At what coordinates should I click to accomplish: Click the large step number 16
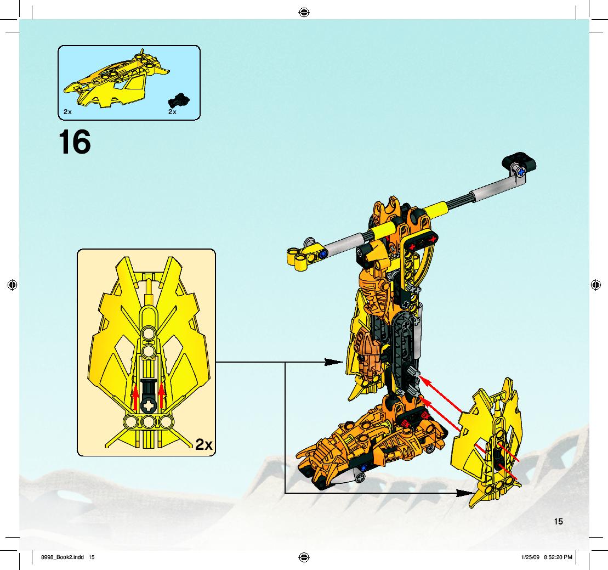[75, 142]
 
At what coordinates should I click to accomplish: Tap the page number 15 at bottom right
[558, 522]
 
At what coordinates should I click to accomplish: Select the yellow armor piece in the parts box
[116, 79]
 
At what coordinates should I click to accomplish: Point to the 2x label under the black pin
[173, 112]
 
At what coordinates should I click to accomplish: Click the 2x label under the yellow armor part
[67, 112]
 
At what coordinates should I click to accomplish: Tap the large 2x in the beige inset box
[204, 444]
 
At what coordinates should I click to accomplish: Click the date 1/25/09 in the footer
[531, 557]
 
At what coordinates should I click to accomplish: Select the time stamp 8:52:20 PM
[558, 557]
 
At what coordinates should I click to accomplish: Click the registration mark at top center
[304, 13]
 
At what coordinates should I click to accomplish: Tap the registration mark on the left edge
[13, 285]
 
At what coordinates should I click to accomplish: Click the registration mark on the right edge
[595, 285]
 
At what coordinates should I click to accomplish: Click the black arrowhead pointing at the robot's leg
[333, 362]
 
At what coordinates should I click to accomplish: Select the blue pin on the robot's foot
[363, 468]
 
